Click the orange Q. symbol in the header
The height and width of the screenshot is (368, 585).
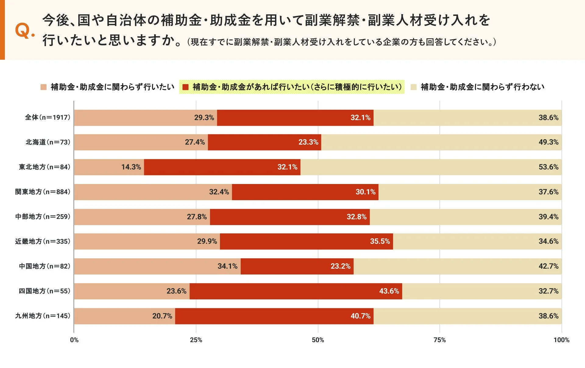pyautogui.click(x=25, y=31)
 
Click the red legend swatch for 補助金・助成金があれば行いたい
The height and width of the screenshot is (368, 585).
pyautogui.click(x=185, y=87)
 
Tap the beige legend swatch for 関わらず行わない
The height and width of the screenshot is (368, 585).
pyautogui.click(x=413, y=87)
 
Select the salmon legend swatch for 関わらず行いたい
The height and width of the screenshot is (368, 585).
pyautogui.click(x=44, y=87)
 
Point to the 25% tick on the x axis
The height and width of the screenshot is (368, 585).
pyautogui.click(x=196, y=340)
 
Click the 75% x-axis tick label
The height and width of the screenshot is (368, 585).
pyautogui.click(x=439, y=340)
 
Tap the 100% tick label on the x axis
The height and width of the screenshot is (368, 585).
pyautogui.click(x=561, y=340)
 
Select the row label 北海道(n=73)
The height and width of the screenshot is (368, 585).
pyautogui.click(x=48, y=142)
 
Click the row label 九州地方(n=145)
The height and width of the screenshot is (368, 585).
pyautogui.click(x=43, y=316)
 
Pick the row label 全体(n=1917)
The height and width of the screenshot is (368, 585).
pyautogui.click(x=48, y=118)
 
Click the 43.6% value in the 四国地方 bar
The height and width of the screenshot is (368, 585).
pyautogui.click(x=389, y=291)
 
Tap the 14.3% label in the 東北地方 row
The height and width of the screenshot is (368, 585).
pyautogui.click(x=131, y=167)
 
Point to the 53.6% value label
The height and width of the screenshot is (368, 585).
pyautogui.click(x=548, y=167)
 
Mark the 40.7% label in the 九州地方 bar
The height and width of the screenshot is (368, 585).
pyautogui.click(x=360, y=316)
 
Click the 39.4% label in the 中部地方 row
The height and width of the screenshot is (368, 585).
pyautogui.click(x=548, y=217)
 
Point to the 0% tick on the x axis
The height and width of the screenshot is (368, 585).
pyautogui.click(x=74, y=340)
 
